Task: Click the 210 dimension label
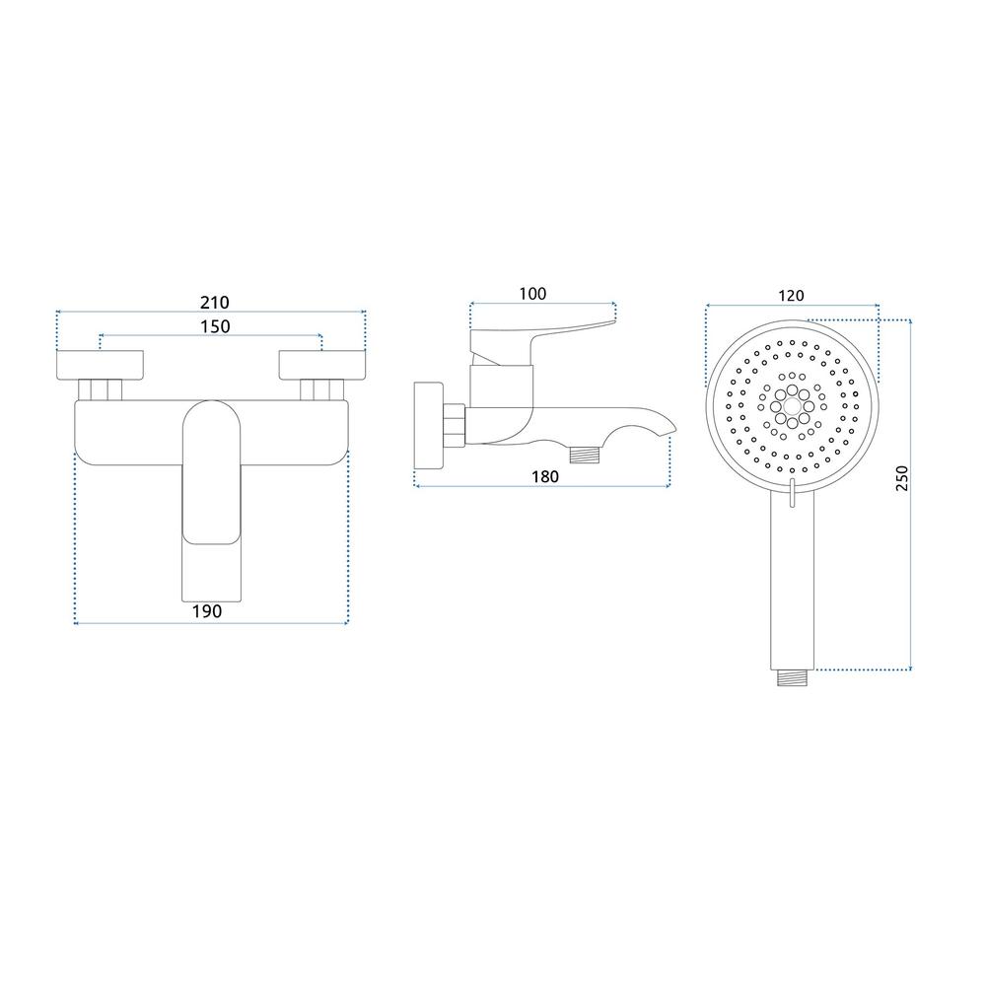pos(214,303)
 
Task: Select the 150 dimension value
pos(215,327)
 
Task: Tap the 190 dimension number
pos(207,611)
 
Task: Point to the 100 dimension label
pos(532,294)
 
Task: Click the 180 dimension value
pos(544,476)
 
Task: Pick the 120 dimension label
pos(791,296)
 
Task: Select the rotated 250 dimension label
pos(902,478)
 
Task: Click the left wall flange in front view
pos(100,365)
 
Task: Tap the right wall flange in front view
pos(322,365)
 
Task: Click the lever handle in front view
pos(212,501)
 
